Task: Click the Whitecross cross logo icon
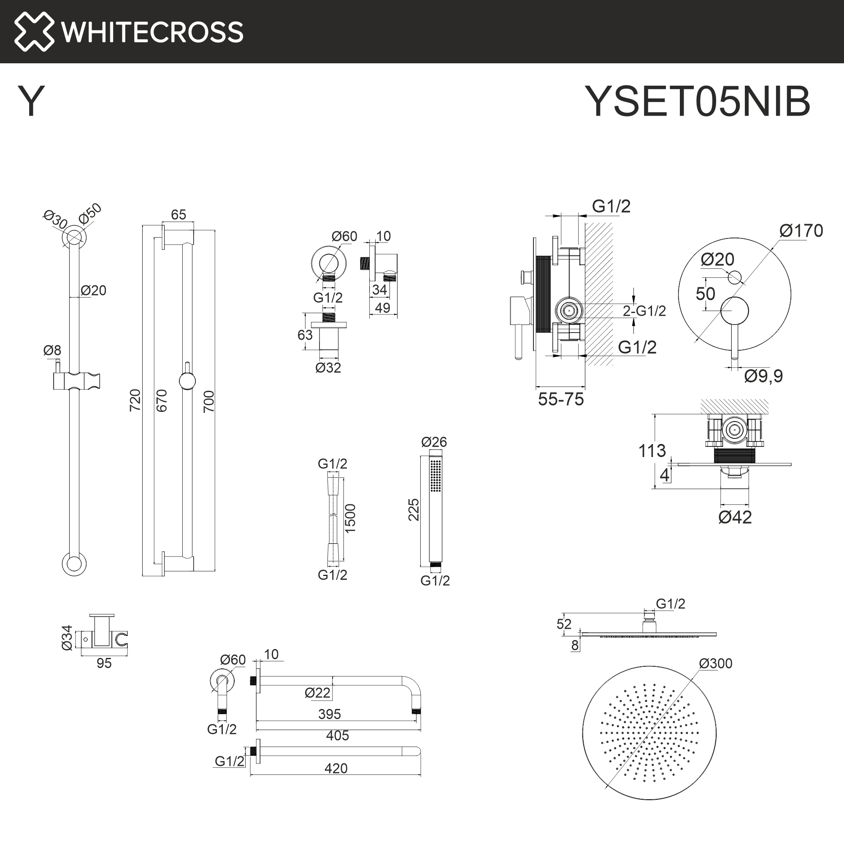point(34,32)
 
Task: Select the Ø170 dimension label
point(801,231)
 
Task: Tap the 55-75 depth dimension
point(560,399)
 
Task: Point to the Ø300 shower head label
point(715,663)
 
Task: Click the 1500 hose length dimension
point(350,518)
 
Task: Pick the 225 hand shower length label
point(413,509)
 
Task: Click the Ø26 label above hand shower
point(434,442)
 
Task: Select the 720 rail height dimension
point(135,400)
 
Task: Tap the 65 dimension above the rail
point(178,214)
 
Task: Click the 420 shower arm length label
point(335,768)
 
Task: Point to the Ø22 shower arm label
point(317,693)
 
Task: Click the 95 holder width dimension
point(104,663)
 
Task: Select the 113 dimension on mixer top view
point(652,451)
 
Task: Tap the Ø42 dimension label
point(735,517)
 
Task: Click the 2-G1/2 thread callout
point(644,311)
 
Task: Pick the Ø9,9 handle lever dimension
point(763,376)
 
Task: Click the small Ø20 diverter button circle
point(735,276)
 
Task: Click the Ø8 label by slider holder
point(52,350)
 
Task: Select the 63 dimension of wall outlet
point(305,335)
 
